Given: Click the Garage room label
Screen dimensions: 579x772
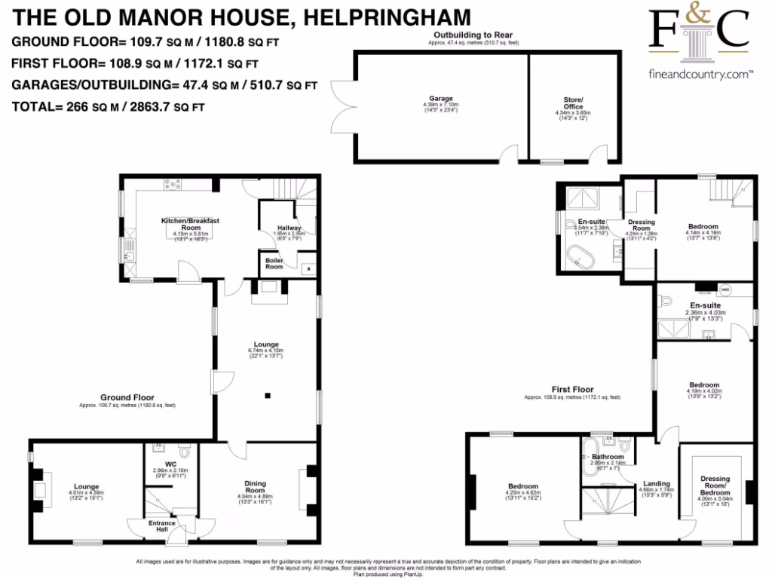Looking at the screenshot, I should coord(441,99).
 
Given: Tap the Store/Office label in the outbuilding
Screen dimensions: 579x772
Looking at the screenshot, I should coord(574,103).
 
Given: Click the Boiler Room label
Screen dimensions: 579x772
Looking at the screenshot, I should coord(273,263).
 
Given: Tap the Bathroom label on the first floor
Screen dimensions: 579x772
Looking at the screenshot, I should coord(608,457).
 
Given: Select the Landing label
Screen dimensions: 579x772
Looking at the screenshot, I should coord(657,485).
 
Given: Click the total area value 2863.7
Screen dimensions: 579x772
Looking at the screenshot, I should coord(146,107).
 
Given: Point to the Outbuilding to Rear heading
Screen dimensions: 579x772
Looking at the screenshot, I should coord(473,35).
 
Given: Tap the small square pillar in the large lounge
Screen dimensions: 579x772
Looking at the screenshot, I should coord(266,394).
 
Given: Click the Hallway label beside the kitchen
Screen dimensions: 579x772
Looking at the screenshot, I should coord(289,228).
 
